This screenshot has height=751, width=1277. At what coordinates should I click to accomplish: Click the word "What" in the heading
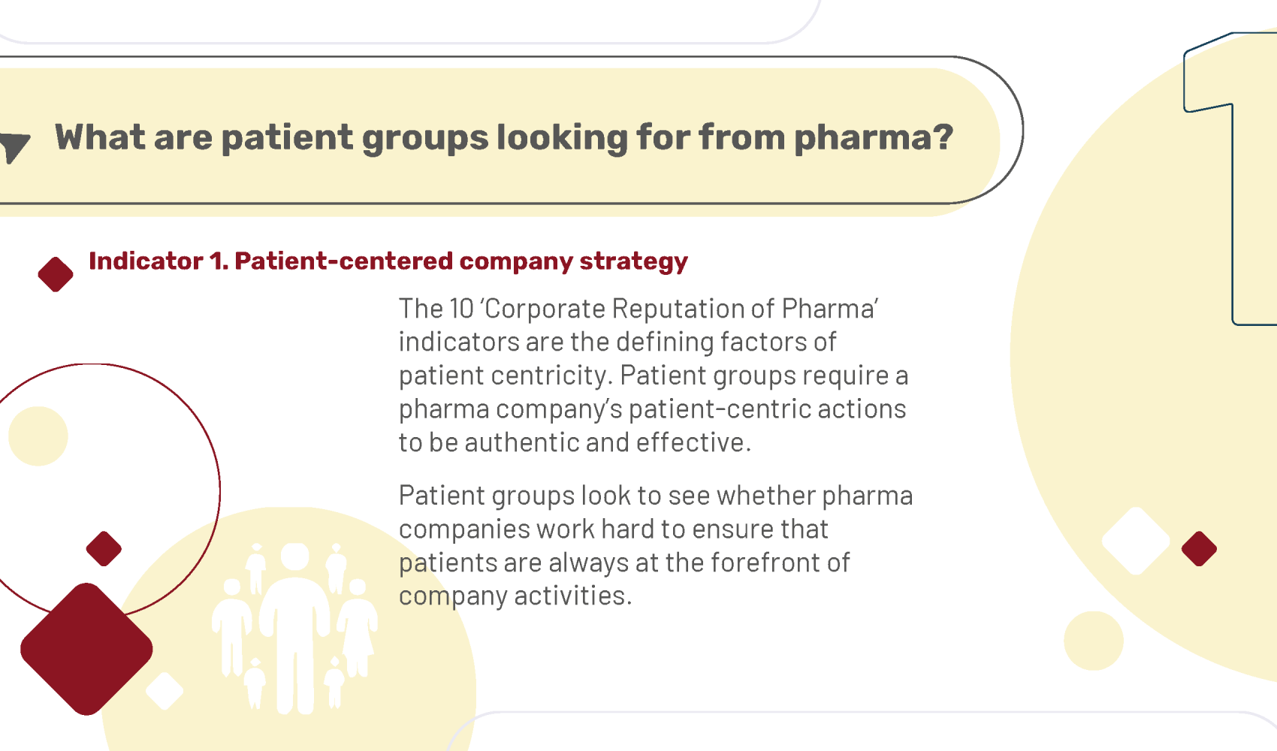(100, 137)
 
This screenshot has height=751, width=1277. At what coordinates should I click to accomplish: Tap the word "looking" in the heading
(562, 139)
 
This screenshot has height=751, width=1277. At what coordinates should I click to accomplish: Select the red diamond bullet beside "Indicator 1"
(56, 274)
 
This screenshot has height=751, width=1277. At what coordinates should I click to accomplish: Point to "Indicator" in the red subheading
(146, 261)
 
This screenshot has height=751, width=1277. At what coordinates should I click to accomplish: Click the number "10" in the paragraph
(462, 308)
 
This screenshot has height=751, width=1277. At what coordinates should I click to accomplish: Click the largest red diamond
(86, 649)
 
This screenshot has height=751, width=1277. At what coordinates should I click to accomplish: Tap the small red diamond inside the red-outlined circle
(104, 549)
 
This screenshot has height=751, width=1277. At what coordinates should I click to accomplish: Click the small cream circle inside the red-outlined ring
(38, 436)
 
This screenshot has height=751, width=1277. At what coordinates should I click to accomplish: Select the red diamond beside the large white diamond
(1199, 549)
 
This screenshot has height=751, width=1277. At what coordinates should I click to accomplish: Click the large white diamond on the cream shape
(1136, 541)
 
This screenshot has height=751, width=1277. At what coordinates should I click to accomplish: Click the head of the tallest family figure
(294, 556)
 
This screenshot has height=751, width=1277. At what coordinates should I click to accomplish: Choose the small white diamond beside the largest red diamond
(165, 691)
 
